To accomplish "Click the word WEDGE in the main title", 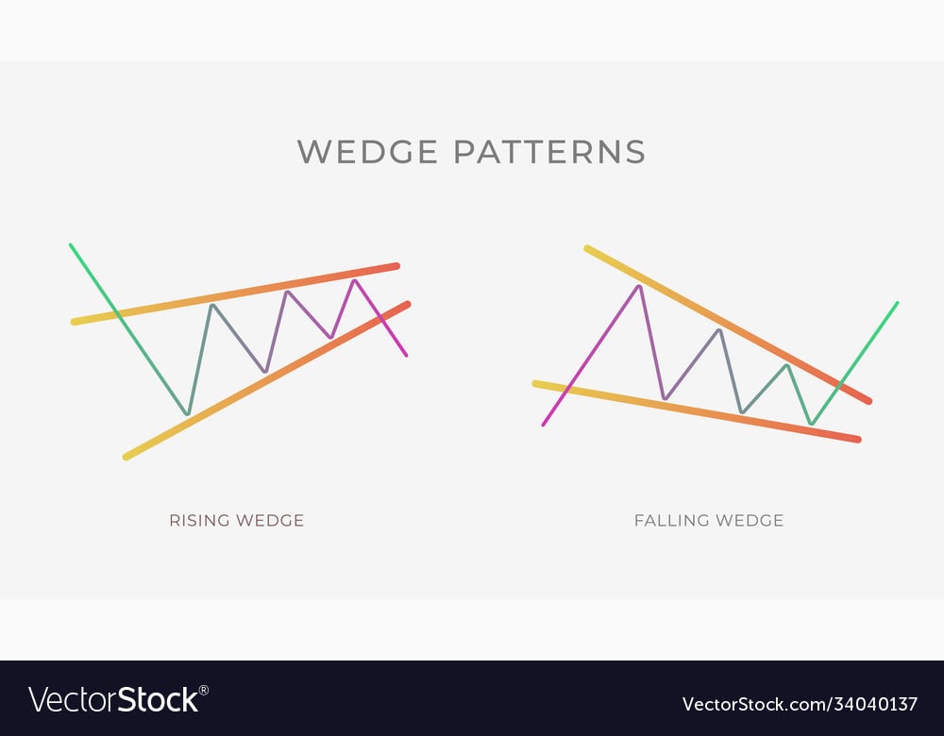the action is click(368, 151).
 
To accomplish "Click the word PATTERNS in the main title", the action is click(549, 151).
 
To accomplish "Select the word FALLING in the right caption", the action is click(670, 520).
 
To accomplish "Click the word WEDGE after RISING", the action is click(270, 520).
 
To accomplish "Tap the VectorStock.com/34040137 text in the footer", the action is click(800, 704).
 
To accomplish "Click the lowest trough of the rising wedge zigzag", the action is click(188, 413).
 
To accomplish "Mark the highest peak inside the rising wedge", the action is click(355, 280).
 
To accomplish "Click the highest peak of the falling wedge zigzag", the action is click(639, 287).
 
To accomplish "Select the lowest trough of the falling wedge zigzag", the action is click(812, 423).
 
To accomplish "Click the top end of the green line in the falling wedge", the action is click(897, 303).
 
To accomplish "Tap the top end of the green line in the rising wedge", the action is click(71, 245).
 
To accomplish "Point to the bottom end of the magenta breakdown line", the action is click(406, 355).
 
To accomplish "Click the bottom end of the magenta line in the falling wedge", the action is click(544, 425).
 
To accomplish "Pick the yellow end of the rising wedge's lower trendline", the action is click(126, 458).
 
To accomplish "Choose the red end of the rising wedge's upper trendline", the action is click(396, 265).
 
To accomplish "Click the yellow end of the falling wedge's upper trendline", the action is click(587, 248).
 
